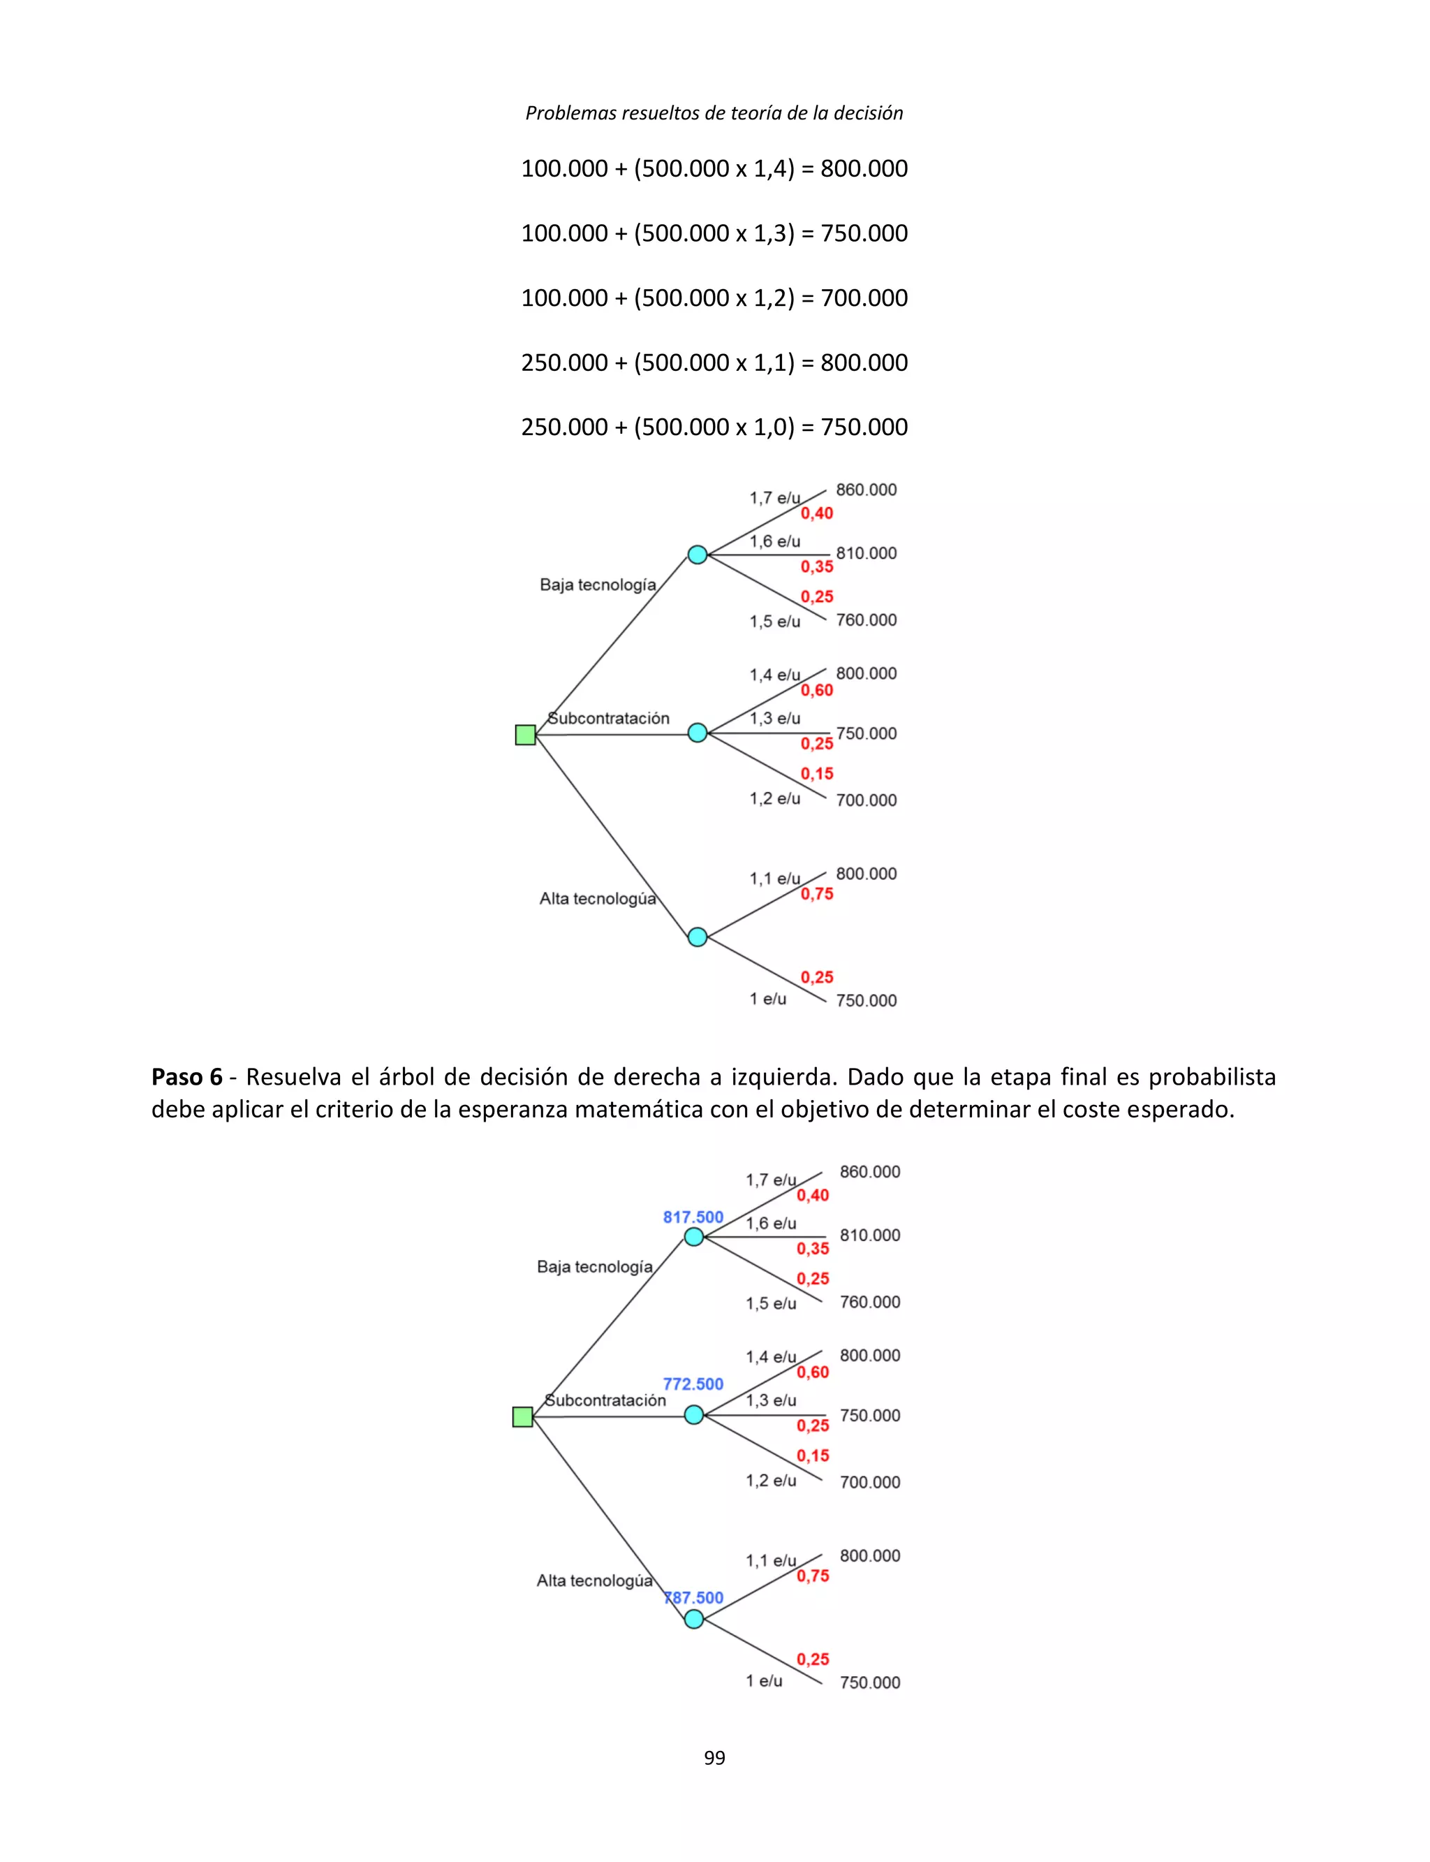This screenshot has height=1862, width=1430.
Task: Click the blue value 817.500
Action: point(693,1217)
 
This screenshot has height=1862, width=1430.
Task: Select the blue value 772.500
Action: point(693,1384)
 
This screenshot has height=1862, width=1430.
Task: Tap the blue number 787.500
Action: point(694,1597)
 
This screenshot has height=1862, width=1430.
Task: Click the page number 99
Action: point(714,1757)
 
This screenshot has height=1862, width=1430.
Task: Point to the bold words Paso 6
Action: point(186,1077)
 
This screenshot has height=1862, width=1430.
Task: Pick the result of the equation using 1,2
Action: point(864,298)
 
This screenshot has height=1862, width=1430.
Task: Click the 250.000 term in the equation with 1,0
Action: point(564,427)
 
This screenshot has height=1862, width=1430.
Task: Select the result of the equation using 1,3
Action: point(864,233)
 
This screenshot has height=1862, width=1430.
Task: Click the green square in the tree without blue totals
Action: point(525,735)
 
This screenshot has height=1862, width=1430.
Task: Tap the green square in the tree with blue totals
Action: point(522,1416)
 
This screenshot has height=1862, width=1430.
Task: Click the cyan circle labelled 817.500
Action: point(694,1237)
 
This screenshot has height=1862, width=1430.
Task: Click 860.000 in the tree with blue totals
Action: point(869,1171)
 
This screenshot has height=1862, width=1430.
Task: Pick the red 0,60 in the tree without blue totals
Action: point(816,691)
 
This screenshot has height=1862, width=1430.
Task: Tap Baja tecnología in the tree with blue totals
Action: point(594,1267)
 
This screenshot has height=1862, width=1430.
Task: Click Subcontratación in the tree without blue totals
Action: point(607,719)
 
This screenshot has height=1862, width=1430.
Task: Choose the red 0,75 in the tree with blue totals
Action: point(812,1576)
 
